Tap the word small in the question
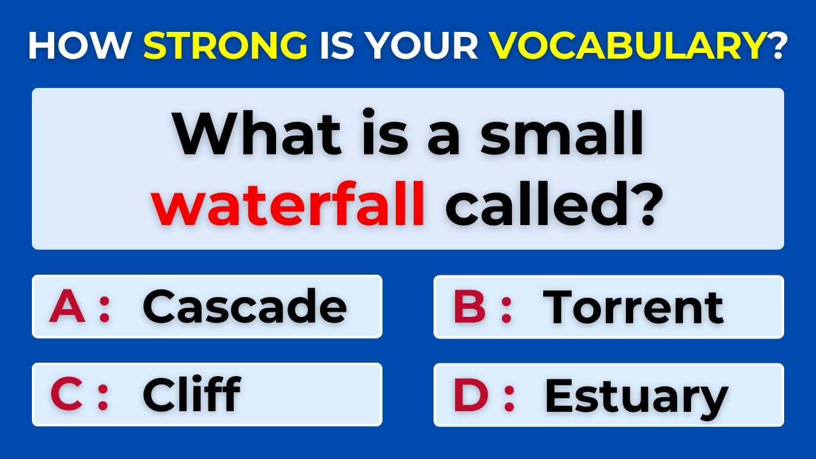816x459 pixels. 561,135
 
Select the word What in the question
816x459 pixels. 249,135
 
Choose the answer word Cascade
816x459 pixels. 245,307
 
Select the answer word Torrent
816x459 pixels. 633,307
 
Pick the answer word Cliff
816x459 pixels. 191,394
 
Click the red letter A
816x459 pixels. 68,307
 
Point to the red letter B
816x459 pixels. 470,307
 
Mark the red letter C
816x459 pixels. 67,395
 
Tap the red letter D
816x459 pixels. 470,395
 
